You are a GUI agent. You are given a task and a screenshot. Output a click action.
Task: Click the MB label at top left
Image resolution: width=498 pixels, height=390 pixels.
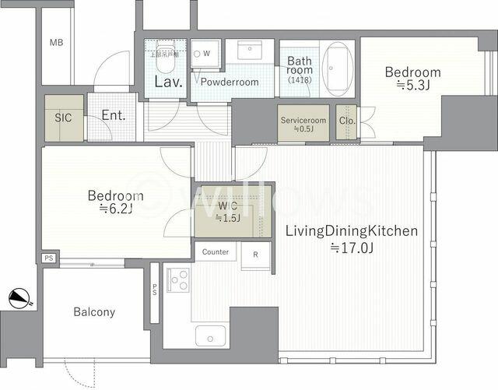coord(56,43)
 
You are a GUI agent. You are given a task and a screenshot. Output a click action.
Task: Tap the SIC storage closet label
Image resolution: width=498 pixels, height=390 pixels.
coord(62,118)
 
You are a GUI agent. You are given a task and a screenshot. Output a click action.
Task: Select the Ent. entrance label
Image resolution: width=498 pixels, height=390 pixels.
coord(114,116)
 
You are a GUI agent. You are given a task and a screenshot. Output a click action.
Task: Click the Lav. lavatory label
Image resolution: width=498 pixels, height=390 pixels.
coord(168,82)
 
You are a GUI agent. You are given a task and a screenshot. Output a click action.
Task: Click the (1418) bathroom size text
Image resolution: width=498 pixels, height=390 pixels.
coord(298,80)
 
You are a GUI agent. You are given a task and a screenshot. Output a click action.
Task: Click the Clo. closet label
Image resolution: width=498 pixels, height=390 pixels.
coord(346,121)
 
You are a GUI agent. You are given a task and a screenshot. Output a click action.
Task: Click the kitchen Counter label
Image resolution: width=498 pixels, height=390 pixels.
coord(216,252)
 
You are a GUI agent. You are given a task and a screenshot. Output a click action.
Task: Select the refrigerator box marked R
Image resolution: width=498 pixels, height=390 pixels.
coord(255,255)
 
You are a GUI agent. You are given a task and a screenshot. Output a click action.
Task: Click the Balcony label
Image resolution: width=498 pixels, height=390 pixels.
coord(94,312)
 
